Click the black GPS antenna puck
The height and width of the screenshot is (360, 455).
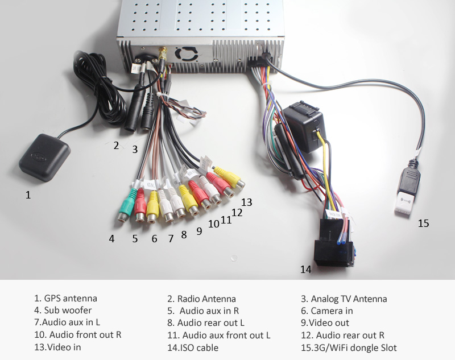pyautogui.click(x=44, y=156)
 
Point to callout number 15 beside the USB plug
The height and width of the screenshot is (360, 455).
pyautogui.click(x=423, y=223)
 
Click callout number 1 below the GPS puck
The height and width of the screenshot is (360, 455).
pyautogui.click(x=28, y=195)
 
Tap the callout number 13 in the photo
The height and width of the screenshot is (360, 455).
pyautogui.click(x=246, y=202)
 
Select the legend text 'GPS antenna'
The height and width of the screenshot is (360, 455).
pyautogui.click(x=71, y=299)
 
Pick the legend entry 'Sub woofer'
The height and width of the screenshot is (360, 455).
pyautogui.click(x=68, y=311)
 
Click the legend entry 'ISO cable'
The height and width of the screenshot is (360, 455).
pyautogui.click(x=200, y=347)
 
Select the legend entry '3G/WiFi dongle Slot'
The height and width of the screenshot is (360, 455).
pyautogui.click(x=353, y=347)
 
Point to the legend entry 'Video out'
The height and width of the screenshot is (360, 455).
pyautogui.click(x=333, y=323)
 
